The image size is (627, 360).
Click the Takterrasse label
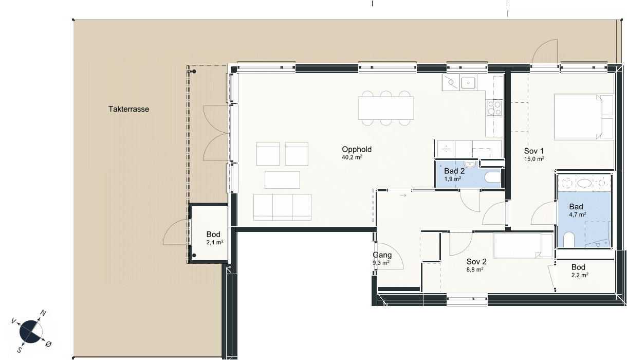129,109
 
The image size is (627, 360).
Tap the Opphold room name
357,150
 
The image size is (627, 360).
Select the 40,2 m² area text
352,157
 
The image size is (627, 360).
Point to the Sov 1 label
534,151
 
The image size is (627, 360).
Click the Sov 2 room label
476,262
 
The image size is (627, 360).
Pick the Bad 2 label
454,171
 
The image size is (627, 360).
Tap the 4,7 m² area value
578,214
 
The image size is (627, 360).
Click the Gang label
382,255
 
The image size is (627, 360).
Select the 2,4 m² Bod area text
215,242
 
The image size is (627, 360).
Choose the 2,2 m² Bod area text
580,275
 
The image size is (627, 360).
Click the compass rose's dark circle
30,332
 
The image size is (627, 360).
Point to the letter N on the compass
43,313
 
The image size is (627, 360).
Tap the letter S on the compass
20,350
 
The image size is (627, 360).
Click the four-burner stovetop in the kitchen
494,109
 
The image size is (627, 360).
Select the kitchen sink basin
468,83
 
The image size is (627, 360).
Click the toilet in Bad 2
492,177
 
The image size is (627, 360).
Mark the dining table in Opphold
386,108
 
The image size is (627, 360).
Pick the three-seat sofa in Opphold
282,207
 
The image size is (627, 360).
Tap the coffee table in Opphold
282,180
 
